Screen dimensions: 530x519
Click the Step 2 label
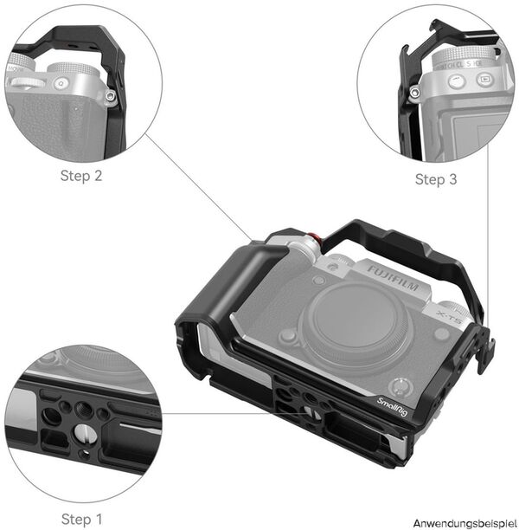(x=80, y=176)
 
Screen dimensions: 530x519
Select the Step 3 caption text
(x=436, y=179)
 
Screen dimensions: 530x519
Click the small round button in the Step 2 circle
(x=61, y=84)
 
